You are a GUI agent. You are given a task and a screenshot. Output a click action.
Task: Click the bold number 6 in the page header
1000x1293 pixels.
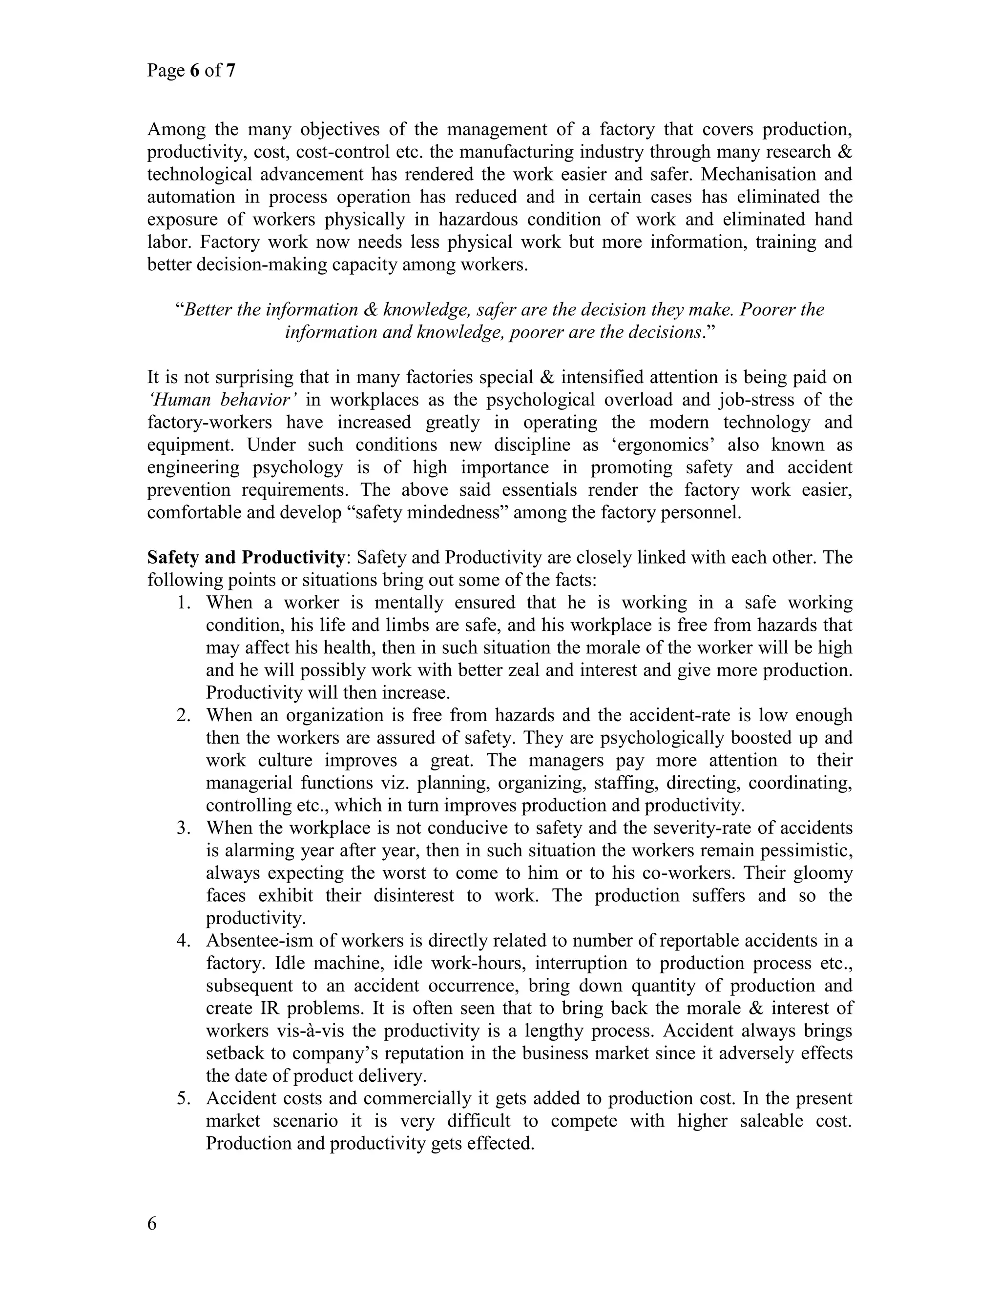194,71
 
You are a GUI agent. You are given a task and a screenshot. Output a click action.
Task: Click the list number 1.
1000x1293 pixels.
184,603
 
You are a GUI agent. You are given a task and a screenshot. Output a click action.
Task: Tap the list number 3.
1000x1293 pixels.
184,828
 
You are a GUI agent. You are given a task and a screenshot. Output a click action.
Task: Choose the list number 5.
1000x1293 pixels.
184,1099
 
